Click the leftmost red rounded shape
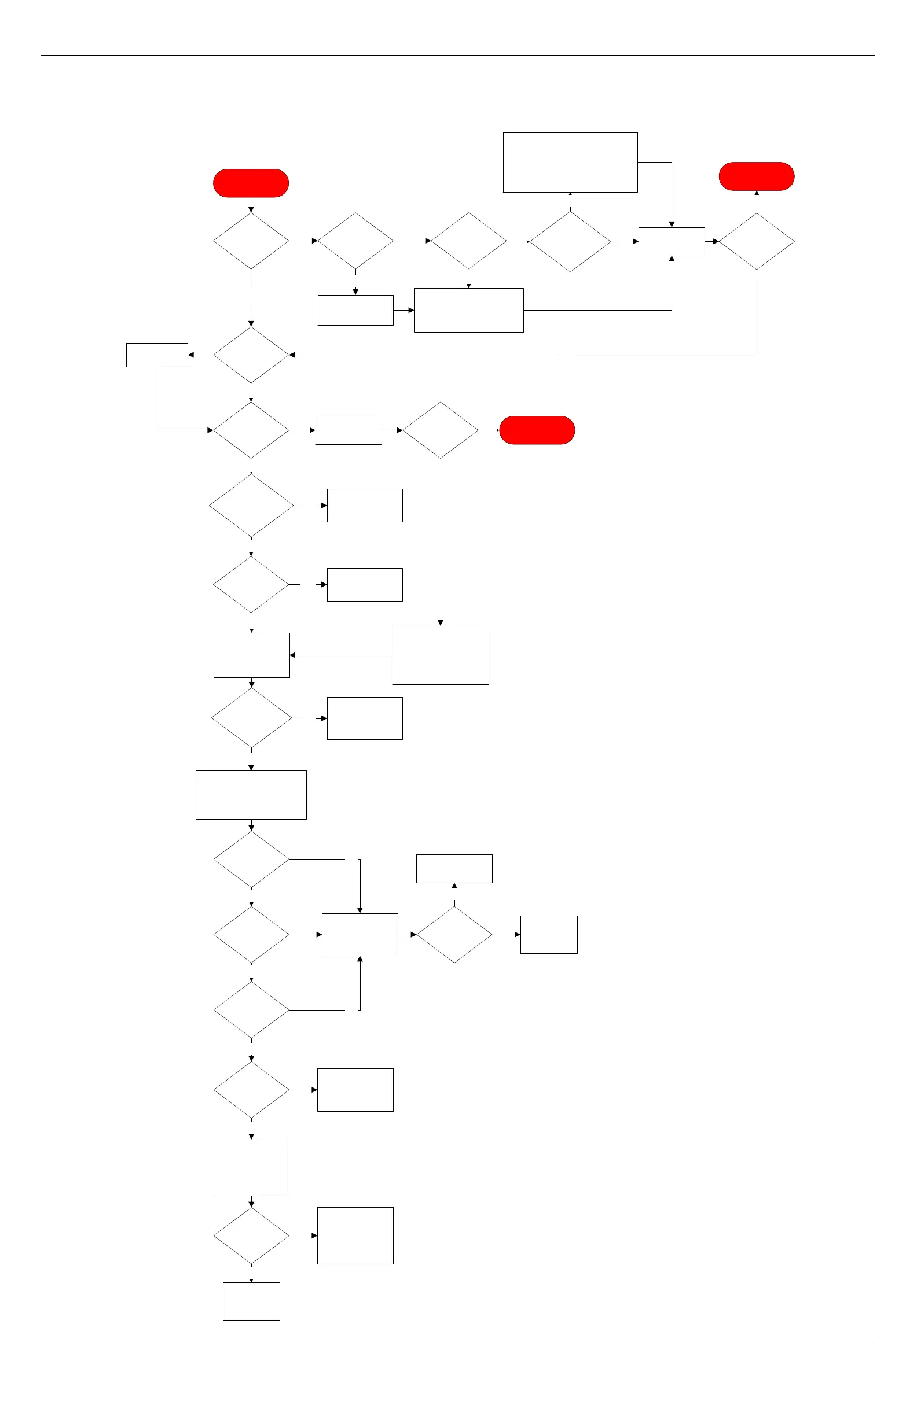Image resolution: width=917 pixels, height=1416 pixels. coord(251,183)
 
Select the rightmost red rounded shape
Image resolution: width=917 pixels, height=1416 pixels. coord(756,176)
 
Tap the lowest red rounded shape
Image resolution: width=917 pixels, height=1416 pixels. coord(537,430)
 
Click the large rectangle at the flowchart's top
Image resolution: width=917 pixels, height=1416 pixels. coord(570,163)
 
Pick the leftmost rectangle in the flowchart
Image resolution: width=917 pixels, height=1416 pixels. coord(157,355)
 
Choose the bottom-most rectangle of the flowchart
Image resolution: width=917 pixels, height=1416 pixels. coord(251,1301)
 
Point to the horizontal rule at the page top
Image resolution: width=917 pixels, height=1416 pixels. coord(457,56)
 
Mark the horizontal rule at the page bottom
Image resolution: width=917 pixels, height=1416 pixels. coord(457,1343)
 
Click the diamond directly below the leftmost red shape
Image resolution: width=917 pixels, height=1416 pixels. coord(251,241)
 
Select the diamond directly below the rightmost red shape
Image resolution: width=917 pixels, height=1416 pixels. coord(756,242)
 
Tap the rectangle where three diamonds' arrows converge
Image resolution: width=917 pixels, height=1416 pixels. coord(360,935)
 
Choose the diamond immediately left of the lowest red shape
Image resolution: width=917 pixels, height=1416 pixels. coord(440,430)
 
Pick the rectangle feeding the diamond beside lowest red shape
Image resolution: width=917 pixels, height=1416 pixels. coord(349,430)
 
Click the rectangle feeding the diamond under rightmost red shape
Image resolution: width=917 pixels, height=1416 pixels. coord(671,242)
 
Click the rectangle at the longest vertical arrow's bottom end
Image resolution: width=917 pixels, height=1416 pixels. coord(441,655)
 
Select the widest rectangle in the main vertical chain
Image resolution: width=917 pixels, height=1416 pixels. coord(251,795)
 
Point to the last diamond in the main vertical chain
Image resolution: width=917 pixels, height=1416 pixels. coord(251,1236)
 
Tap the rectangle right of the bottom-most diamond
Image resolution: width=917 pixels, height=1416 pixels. coord(355,1236)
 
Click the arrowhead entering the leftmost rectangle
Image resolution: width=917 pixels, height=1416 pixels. coord(191,355)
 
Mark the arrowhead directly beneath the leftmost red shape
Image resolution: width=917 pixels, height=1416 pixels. coord(251,209)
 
